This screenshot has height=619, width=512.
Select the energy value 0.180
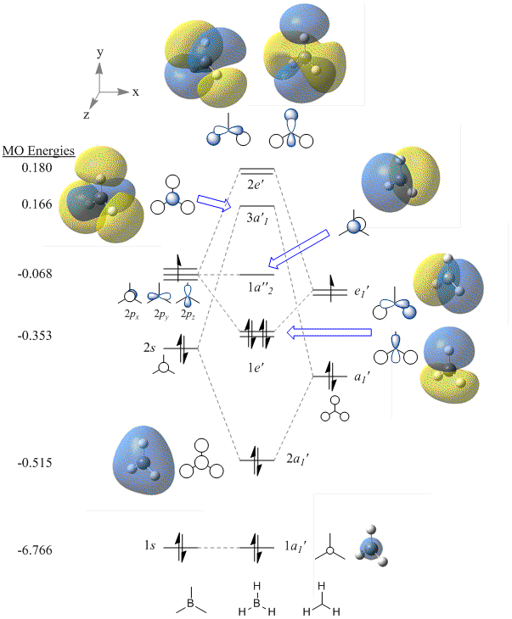37,168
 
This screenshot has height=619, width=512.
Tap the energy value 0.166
37,204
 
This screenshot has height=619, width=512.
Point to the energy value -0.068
36,274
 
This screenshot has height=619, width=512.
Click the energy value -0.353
36,335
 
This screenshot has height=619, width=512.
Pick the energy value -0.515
36,463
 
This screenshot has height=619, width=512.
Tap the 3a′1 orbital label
256,220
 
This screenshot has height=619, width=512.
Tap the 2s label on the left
150,347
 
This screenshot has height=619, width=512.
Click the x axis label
136,92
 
